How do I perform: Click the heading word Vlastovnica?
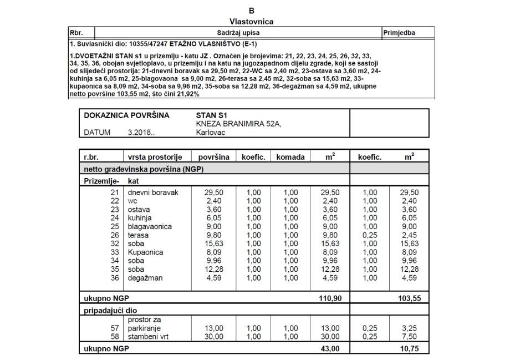pyautogui.click(x=251, y=22)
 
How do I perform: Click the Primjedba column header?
pyautogui.click(x=400, y=33)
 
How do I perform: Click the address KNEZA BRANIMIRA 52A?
pyautogui.click(x=239, y=124)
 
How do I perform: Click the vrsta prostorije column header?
pyautogui.click(x=156, y=157)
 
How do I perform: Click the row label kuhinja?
pyautogui.click(x=140, y=218)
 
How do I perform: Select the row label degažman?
pyautogui.click(x=145, y=278)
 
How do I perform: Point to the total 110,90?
pyautogui.click(x=330, y=298)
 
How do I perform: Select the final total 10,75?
pyautogui.click(x=411, y=349)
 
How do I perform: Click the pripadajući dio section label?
pyautogui.click(x=110, y=311)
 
